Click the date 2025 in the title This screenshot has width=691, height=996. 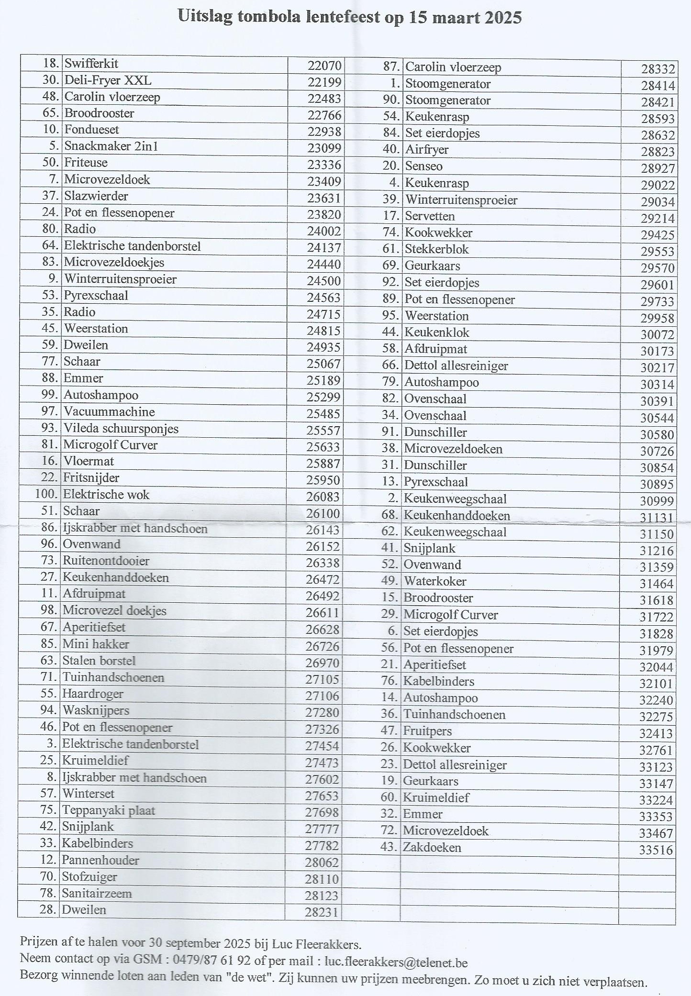click(502, 18)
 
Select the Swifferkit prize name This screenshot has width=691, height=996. click(91, 64)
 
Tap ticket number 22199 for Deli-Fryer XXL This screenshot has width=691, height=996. click(324, 82)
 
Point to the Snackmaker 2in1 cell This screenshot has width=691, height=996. click(111, 146)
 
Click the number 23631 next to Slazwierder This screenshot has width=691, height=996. click(324, 198)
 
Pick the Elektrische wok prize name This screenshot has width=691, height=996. click(106, 495)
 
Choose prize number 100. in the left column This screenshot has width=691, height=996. click(46, 494)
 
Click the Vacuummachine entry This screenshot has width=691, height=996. click(110, 412)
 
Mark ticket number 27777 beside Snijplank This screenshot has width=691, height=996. click(322, 829)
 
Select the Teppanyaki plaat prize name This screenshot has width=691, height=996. click(109, 810)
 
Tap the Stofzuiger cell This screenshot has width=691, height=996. click(89, 877)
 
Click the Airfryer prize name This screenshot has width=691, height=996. click(427, 150)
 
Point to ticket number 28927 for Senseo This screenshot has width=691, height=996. click(658, 168)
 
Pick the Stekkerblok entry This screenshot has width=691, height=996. click(437, 249)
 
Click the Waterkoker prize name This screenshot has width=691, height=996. click(435, 581)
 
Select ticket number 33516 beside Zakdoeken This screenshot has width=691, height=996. click(656, 850)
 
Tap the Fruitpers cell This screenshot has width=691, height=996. click(427, 731)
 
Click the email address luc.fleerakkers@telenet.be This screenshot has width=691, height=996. click(396, 962)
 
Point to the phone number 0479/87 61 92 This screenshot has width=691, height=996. click(212, 960)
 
